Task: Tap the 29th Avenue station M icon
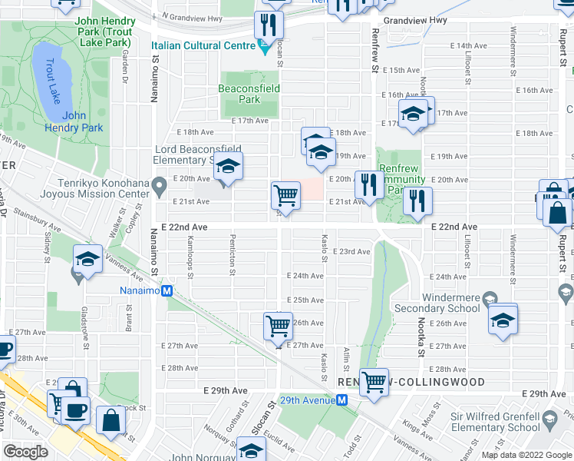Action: pos(342,400)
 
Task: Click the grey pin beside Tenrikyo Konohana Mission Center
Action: pos(159,184)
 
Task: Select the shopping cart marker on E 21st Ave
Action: pos(285,195)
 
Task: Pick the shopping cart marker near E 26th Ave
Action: pos(278,326)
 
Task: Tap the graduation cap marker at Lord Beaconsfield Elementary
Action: pos(227,166)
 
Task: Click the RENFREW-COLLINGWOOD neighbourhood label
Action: pos(411,382)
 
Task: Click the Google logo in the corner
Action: pos(26,452)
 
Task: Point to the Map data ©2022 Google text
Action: pos(527,455)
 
